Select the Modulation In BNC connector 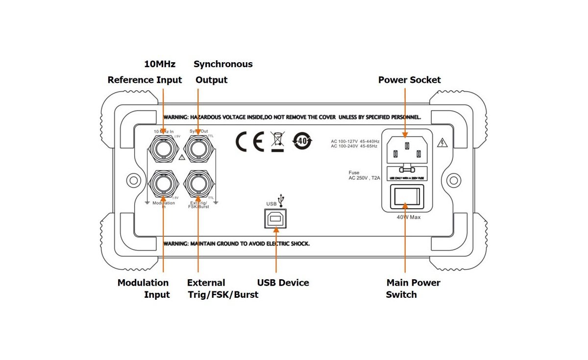coord(163,184)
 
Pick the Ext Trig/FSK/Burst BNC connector coord(198,184)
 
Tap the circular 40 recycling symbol coord(302,141)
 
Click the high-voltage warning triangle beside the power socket coord(443,143)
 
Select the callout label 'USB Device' coord(283,283)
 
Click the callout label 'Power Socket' coord(409,80)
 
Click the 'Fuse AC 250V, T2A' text coord(364,176)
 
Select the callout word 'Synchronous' coord(223,64)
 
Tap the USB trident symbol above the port coord(285,199)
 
